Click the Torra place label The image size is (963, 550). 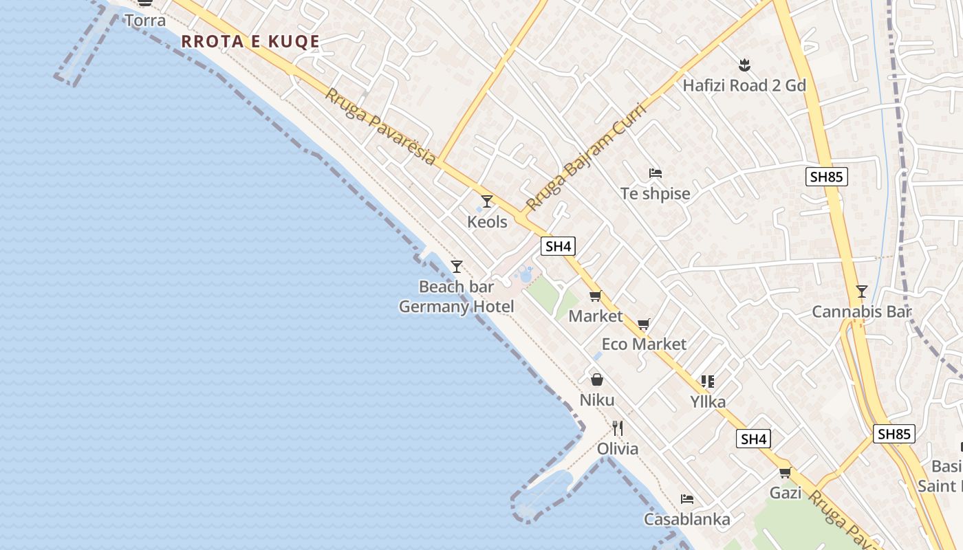click(x=145, y=21)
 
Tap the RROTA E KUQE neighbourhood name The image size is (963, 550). click(x=250, y=41)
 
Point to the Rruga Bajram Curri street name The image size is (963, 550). click(x=586, y=157)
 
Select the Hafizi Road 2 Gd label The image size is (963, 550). click(x=744, y=86)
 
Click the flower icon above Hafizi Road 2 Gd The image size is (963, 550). click(x=744, y=66)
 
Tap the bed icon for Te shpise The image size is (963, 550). click(x=656, y=173)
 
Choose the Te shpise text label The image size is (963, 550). click(x=656, y=194)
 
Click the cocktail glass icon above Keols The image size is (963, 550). click(x=487, y=201)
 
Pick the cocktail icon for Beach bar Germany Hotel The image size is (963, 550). click(x=456, y=267)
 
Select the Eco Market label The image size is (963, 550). click(x=644, y=344)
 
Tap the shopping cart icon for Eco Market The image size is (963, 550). click(x=644, y=324)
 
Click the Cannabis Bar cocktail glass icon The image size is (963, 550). click(x=862, y=291)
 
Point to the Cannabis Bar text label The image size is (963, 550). click(x=862, y=312)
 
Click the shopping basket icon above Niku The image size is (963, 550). click(x=597, y=379)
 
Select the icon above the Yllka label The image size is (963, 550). click(x=708, y=381)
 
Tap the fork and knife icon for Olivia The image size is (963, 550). click(x=618, y=428)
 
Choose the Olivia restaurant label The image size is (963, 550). click(x=618, y=449)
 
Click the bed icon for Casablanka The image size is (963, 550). click(x=686, y=499)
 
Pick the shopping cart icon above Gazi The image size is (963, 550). click(x=785, y=472)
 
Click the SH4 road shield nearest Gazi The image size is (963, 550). click(x=753, y=439)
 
